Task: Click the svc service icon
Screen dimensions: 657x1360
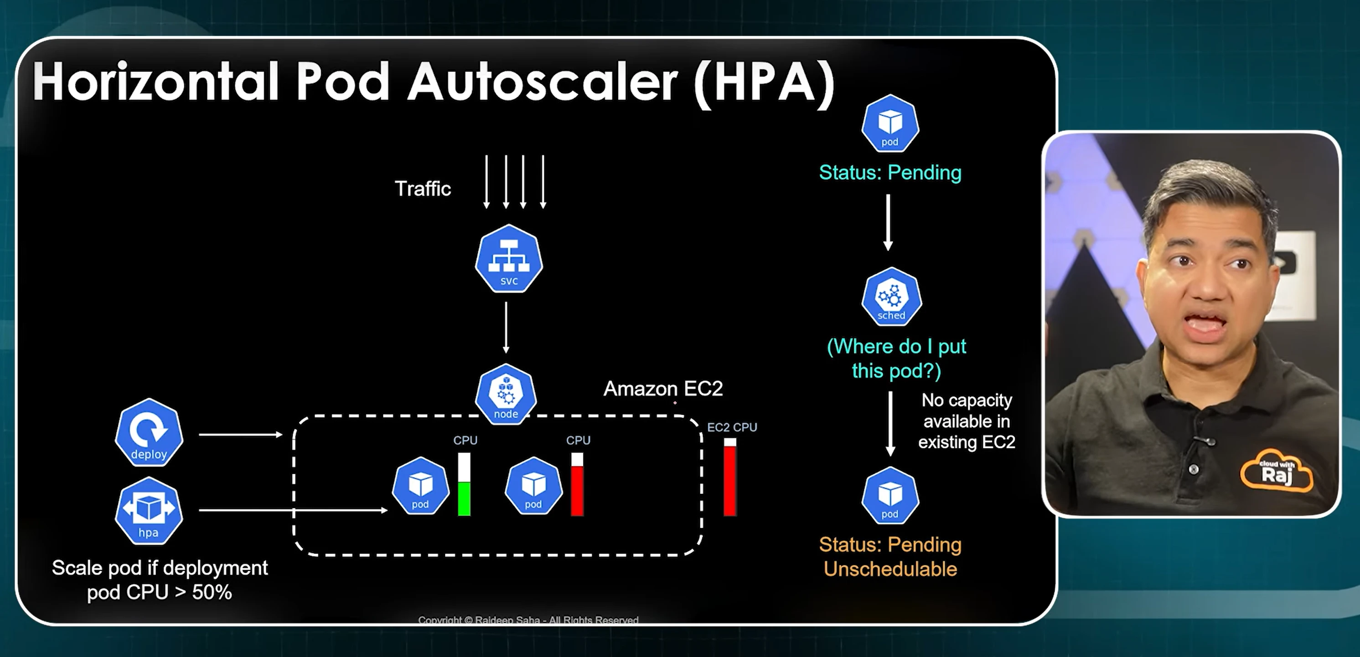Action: pos(509,259)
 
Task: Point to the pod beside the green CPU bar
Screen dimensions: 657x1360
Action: pos(420,486)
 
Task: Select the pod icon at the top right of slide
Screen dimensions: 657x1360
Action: pos(890,123)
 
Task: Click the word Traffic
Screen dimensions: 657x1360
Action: pos(423,188)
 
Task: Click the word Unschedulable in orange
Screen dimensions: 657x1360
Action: pos(890,569)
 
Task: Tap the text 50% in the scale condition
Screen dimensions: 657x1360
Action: pos(212,592)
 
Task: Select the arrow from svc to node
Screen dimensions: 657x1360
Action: pos(506,327)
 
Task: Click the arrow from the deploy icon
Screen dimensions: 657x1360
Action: pos(241,434)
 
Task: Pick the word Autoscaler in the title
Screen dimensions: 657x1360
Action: pos(543,82)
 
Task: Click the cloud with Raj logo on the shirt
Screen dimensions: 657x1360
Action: pos(1277,471)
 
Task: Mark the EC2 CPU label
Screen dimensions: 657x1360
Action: pos(732,427)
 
